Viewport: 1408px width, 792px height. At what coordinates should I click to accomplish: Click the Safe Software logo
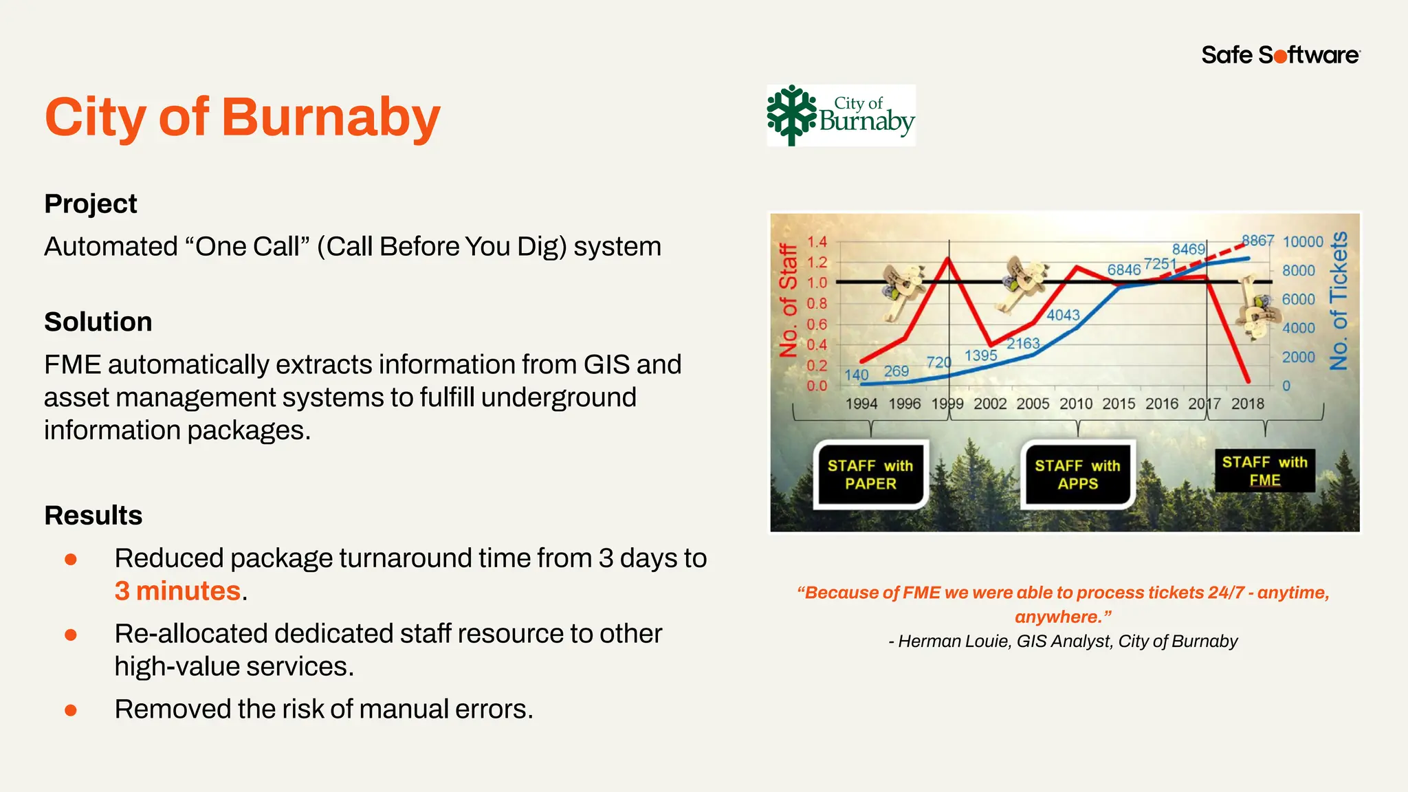[x=1280, y=55]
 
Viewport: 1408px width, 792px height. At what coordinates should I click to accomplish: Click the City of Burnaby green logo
[x=840, y=115]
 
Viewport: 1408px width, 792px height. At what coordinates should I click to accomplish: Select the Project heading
[x=91, y=204]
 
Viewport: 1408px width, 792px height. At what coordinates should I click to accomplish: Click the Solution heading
[x=98, y=322]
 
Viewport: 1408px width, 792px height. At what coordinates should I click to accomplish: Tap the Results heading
[x=93, y=516]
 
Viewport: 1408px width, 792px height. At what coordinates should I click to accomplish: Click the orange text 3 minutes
[x=177, y=591]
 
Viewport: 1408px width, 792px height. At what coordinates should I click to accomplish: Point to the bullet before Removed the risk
[x=71, y=710]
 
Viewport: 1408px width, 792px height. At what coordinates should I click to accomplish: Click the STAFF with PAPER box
[x=870, y=474]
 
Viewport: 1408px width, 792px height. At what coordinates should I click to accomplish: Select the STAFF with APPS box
[x=1077, y=474]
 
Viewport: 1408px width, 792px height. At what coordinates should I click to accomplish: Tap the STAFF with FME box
[x=1264, y=471]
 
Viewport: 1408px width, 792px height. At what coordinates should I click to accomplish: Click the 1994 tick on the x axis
[x=861, y=404]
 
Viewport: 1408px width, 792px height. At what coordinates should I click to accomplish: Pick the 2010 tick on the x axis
[x=1076, y=404]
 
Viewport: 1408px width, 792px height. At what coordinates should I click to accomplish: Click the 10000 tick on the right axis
[x=1303, y=242]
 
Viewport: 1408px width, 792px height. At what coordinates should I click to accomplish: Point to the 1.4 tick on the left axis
[x=817, y=242]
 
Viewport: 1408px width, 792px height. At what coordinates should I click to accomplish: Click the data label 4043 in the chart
[x=1063, y=316]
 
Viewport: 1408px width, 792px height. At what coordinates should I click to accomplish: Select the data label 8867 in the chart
[x=1258, y=241]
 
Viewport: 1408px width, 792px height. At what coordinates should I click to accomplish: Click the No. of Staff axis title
[x=789, y=300]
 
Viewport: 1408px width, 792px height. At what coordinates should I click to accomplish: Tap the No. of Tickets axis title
[x=1339, y=300]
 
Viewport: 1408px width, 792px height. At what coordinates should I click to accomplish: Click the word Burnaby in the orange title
[x=331, y=118]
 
